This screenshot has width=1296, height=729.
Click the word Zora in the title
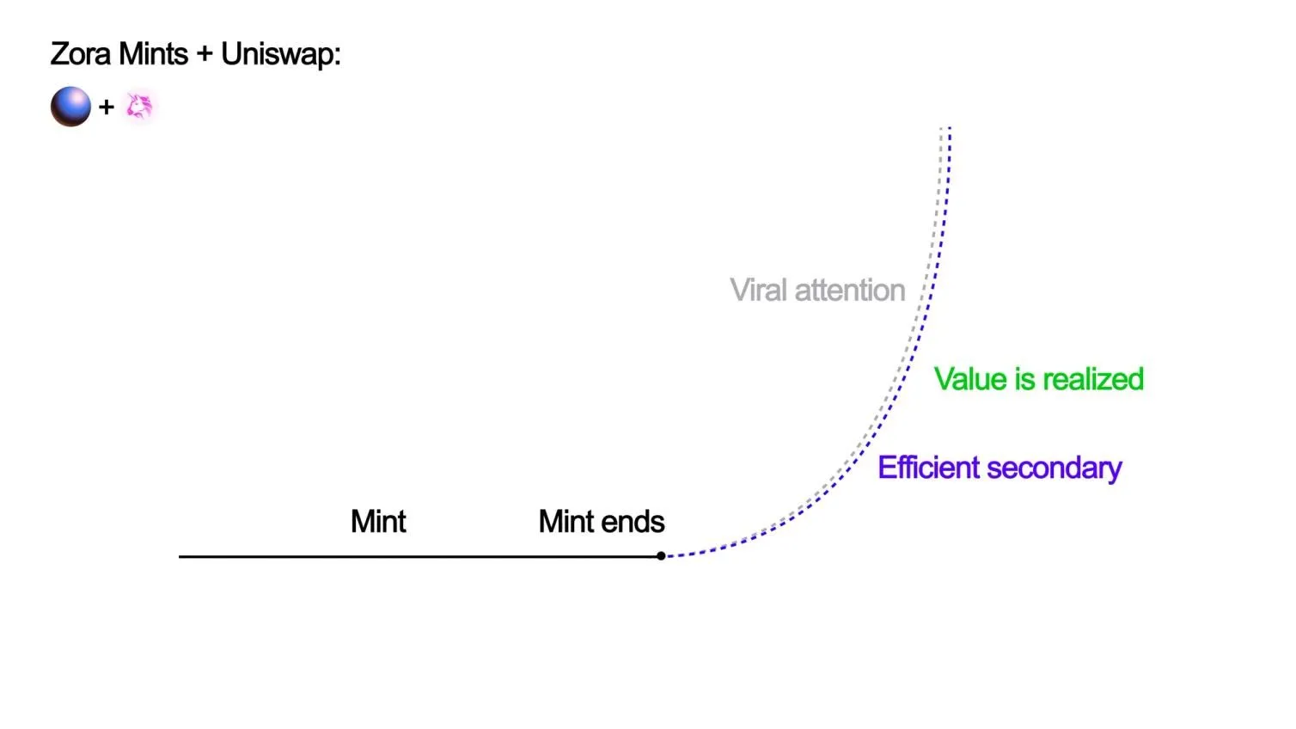(81, 54)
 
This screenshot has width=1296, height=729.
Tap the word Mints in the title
(153, 54)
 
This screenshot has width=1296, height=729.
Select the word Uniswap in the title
(279, 54)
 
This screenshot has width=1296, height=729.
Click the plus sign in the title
(204, 55)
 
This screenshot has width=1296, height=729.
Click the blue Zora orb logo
(70, 107)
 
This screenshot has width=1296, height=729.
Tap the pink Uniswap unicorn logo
(139, 107)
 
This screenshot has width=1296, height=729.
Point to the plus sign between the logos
(107, 107)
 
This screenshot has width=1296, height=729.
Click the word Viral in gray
(758, 291)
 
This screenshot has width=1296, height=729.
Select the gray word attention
(849, 291)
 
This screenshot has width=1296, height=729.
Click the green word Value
(970, 379)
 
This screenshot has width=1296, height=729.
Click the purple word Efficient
(929, 468)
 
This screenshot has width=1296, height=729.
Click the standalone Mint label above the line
(378, 522)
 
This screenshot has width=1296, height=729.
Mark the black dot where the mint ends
(661, 556)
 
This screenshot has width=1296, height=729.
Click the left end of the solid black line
(180, 556)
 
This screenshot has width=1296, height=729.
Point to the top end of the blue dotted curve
(950, 129)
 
